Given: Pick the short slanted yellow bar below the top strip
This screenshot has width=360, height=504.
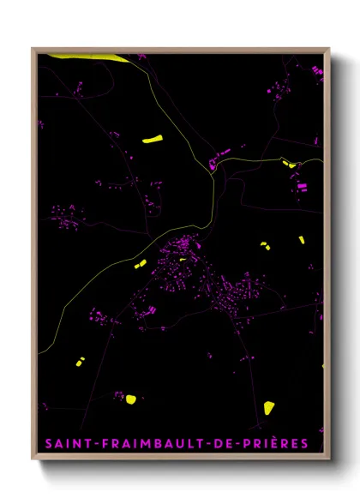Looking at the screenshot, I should [153, 138].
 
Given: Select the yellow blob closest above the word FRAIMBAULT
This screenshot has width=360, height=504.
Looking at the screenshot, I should [130, 398].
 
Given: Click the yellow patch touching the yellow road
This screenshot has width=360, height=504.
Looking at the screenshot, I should [287, 161].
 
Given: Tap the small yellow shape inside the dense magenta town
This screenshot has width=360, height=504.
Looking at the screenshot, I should [183, 257].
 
